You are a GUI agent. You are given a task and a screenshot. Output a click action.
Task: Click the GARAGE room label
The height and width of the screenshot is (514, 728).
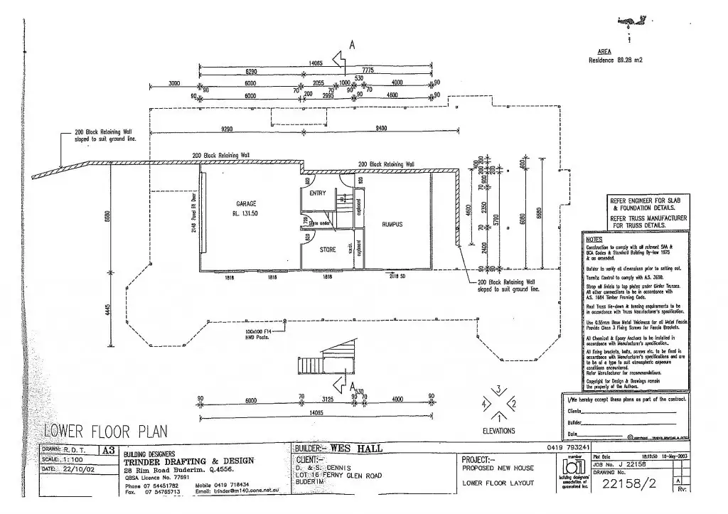(x=246, y=203)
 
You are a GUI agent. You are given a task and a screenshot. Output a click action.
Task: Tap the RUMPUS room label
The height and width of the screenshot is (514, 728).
(x=392, y=224)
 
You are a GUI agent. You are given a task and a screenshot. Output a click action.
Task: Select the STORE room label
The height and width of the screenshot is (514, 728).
(x=327, y=250)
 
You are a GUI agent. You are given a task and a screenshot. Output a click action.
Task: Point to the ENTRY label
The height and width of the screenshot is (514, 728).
(x=318, y=193)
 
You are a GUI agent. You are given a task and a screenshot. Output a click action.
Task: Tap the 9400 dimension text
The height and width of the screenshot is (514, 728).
(x=381, y=129)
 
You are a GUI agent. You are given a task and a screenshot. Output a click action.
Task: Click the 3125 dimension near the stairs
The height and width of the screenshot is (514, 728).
(x=327, y=400)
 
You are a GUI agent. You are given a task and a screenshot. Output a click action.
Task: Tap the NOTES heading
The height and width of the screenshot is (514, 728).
(x=593, y=240)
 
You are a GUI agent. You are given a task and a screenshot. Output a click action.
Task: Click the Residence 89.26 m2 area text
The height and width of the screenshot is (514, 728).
(x=615, y=60)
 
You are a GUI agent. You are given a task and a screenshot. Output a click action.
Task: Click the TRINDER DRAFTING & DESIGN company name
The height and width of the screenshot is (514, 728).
(x=188, y=461)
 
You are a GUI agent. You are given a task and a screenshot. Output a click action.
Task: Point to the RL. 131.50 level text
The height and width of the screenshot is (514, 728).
(x=246, y=213)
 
